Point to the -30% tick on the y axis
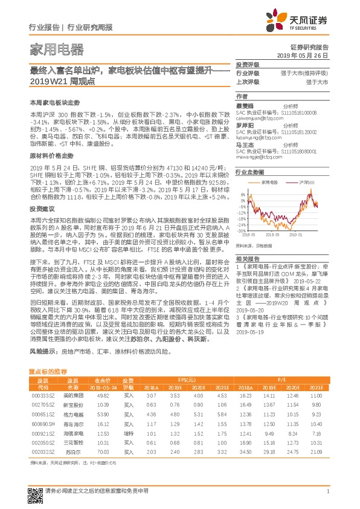242,230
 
